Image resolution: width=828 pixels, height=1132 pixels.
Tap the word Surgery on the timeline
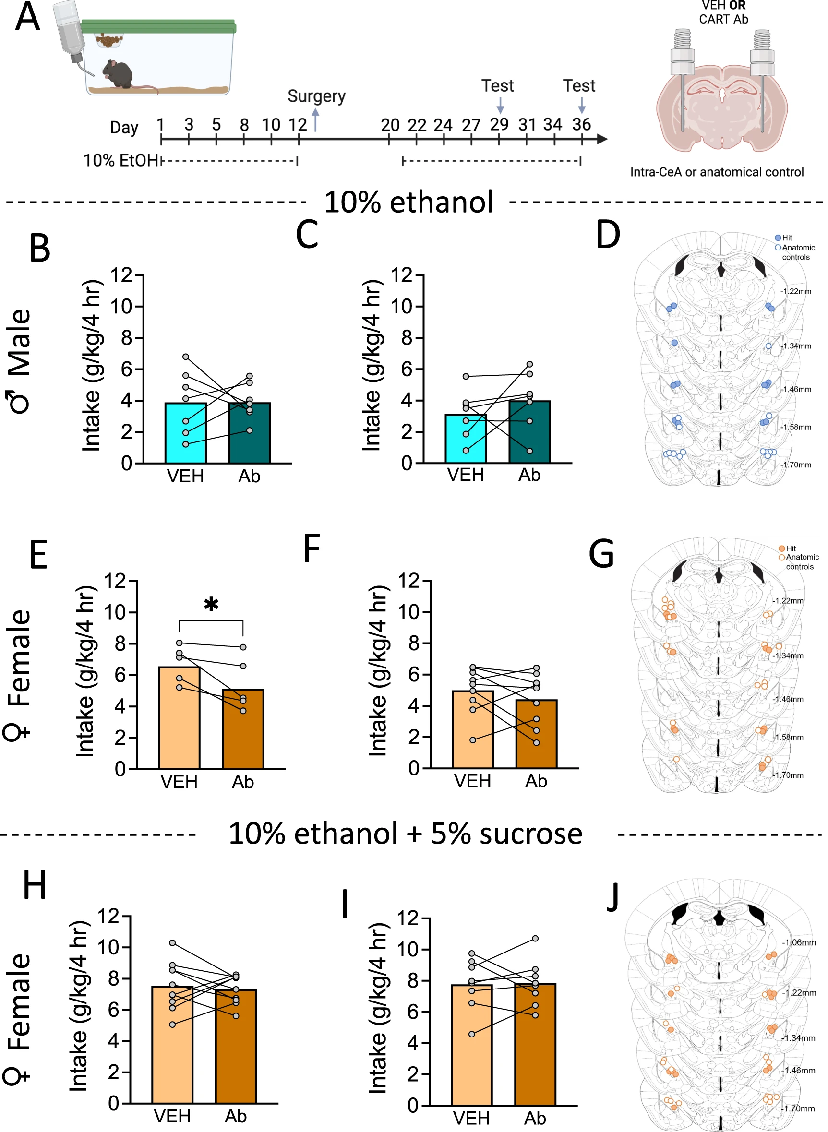point(316,95)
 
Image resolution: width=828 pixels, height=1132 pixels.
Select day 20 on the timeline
point(389,125)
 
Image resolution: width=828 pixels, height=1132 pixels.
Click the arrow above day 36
point(581,105)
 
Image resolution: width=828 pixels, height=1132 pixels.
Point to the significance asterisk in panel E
point(211,604)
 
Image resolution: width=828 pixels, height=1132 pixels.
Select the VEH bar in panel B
point(185,433)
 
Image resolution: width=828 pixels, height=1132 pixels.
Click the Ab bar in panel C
point(529,431)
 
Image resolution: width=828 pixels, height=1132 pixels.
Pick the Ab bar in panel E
point(243,729)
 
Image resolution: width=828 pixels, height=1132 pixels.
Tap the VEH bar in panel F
point(473,729)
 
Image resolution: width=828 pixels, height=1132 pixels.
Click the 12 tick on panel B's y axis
point(121,275)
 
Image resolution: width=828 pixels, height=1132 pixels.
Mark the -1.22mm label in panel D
point(796,291)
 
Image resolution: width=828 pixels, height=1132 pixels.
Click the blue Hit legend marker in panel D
point(778,238)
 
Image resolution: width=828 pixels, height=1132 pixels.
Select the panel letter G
point(601,554)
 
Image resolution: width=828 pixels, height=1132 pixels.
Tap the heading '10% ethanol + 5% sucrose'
point(405,834)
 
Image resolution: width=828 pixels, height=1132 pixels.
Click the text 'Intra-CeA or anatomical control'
point(717,172)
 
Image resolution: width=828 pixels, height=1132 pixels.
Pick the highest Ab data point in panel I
point(535,938)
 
